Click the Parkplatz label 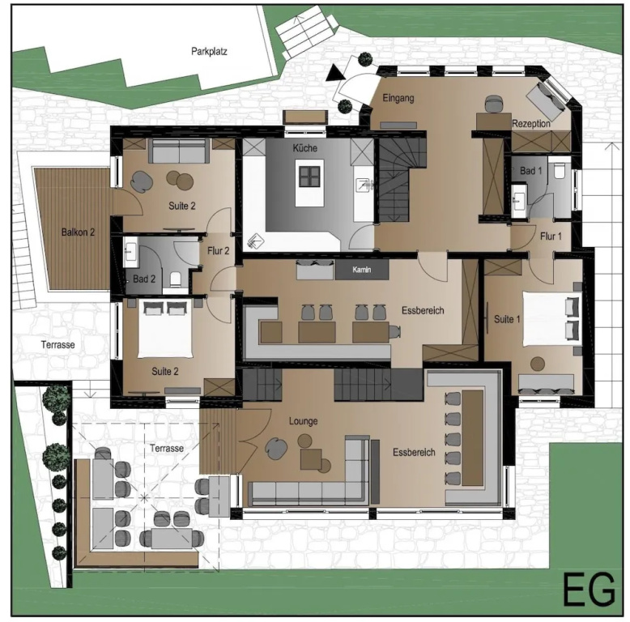click(209, 52)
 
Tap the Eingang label click(398, 98)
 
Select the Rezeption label click(530, 124)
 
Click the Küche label click(305, 148)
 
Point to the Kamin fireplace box click(362, 270)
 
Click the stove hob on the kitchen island click(309, 177)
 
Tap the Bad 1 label click(530, 171)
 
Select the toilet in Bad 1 click(560, 170)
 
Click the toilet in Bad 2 click(176, 279)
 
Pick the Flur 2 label click(218, 251)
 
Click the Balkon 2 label click(78, 232)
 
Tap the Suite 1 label click(507, 319)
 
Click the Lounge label click(304, 421)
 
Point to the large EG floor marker click(589, 590)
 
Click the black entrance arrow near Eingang click(334, 73)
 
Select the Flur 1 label click(551, 236)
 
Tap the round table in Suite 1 click(538, 364)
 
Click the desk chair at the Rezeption click(493, 104)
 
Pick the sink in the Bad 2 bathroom click(130, 252)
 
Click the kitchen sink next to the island click(365, 185)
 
